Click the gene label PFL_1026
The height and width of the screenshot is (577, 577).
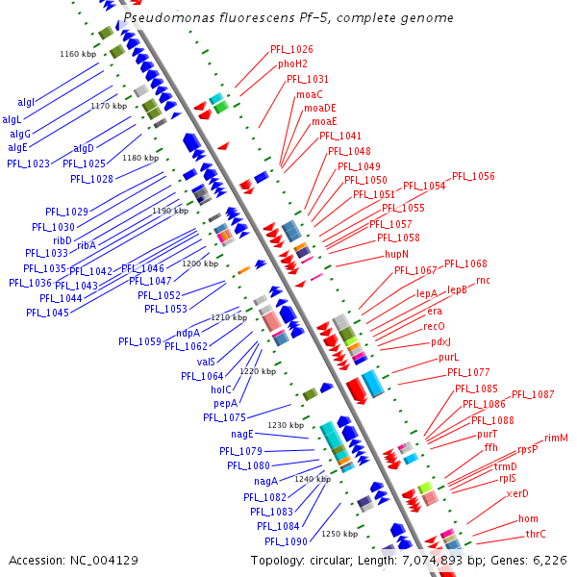291,49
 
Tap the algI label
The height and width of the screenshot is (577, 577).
26,102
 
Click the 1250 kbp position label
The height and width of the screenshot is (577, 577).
339,534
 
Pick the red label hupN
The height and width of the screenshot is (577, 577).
396,254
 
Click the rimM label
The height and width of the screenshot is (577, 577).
556,439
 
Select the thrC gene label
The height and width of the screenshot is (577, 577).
536,534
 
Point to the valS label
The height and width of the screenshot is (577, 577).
206,362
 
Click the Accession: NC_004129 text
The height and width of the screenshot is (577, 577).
73,560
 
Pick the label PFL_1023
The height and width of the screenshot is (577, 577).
28,163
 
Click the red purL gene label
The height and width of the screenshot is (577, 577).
449,358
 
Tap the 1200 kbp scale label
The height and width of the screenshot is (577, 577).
200,263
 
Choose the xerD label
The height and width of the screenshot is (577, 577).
517,494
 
